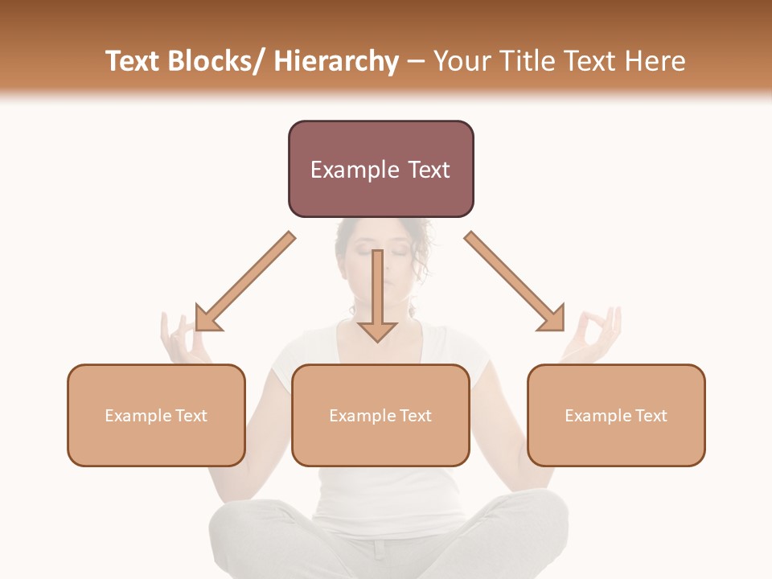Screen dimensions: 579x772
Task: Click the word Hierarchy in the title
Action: point(336,61)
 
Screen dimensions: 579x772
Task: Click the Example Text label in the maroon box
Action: point(380,170)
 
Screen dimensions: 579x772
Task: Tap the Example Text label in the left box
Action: point(156,416)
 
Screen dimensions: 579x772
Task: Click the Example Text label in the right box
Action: point(616,416)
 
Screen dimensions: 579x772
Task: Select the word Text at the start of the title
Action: point(133,61)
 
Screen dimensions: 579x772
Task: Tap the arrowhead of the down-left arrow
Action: point(207,318)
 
